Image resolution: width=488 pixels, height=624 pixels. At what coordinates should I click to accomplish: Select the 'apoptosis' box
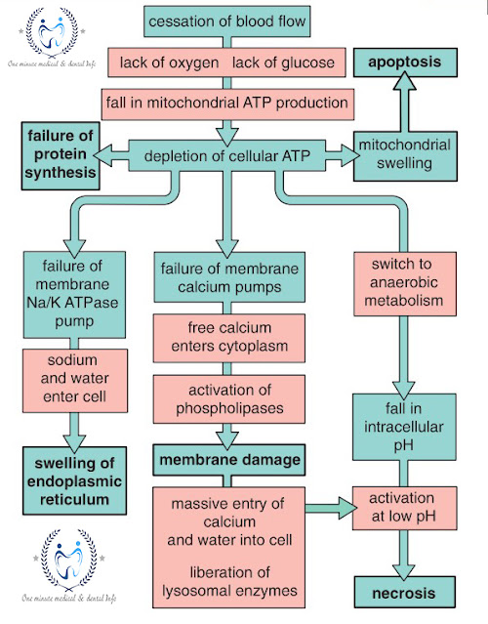403,62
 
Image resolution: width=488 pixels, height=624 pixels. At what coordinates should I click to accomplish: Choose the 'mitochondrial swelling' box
402,154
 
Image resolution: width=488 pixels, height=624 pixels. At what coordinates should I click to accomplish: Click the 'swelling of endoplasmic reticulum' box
67,478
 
